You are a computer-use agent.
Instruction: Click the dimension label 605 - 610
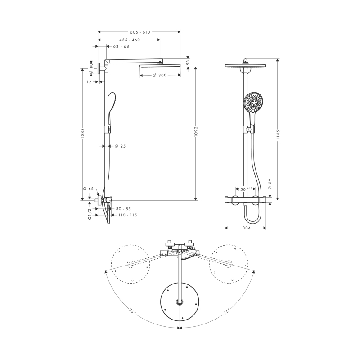[x=140, y=32]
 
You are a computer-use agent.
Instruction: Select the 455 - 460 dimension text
[x=130, y=40]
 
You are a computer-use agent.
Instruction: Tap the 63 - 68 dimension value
[x=121, y=46]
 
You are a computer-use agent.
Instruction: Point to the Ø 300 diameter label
[x=160, y=75]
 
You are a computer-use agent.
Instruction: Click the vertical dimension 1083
[x=83, y=133]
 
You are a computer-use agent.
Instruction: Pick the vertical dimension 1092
[x=196, y=131]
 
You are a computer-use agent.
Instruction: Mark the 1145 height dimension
[x=278, y=135]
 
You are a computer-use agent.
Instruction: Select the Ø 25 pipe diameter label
[x=120, y=146]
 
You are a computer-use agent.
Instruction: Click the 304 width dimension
[x=247, y=228]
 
